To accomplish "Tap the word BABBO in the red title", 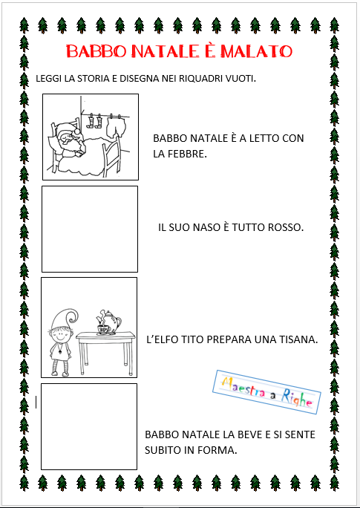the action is pyautogui.click(x=96, y=51).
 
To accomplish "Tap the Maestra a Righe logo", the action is pyautogui.click(x=266, y=392).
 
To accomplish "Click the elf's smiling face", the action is pyautogui.click(x=59, y=336).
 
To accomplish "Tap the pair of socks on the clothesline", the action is pyautogui.click(x=95, y=121).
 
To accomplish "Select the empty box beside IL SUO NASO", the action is pyautogui.click(x=90, y=229).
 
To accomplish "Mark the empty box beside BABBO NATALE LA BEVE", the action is pyautogui.click(x=89, y=426).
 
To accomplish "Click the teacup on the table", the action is pyautogui.click(x=104, y=330).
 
